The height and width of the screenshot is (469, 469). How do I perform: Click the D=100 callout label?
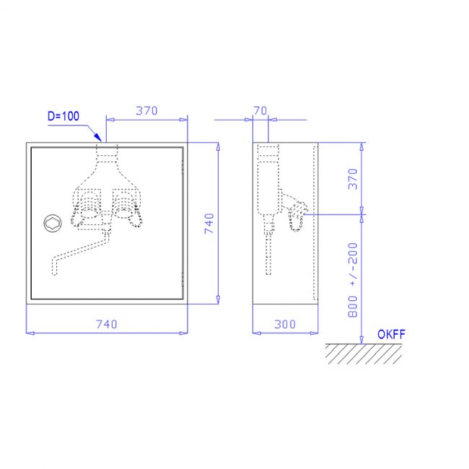click(x=63, y=116)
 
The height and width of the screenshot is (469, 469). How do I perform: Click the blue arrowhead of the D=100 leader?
click(x=98, y=137)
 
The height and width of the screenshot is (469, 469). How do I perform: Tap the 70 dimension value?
click(x=260, y=111)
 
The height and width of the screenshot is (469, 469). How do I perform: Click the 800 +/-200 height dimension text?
click(x=353, y=280)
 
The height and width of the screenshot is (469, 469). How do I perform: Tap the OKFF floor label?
click(x=391, y=334)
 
